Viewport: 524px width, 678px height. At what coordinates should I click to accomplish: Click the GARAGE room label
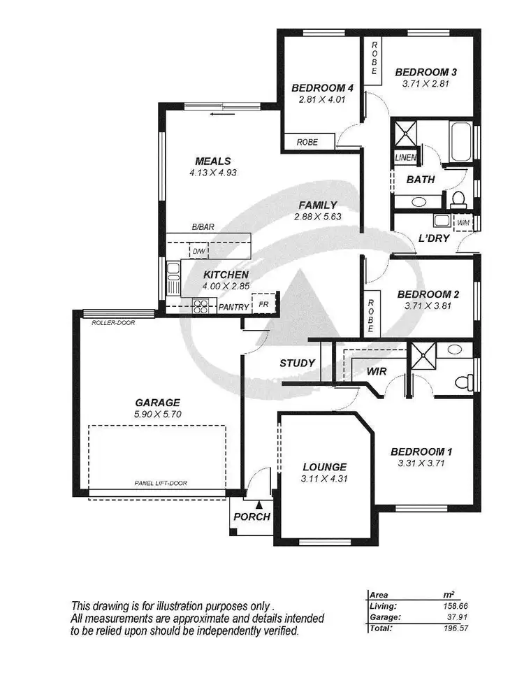[x=157, y=402]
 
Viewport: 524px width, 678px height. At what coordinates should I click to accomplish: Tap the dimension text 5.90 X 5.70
[x=157, y=414]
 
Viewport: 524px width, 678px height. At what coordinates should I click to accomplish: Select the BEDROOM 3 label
[x=425, y=71]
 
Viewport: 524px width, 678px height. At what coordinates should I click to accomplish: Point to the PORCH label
[x=252, y=517]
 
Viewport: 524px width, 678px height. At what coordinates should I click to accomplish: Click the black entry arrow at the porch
[x=259, y=503]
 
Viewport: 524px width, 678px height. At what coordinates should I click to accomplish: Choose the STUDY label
[x=297, y=363]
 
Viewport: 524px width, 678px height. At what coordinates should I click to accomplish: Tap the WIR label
[x=377, y=372]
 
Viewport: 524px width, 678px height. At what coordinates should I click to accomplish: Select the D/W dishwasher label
[x=199, y=250]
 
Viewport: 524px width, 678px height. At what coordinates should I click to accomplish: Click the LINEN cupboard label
[x=405, y=158]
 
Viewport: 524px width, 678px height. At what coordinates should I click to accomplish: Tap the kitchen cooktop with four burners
[x=201, y=305]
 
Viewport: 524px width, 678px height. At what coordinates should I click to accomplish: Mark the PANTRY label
[x=233, y=307]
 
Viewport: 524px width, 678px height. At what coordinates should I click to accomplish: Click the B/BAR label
[x=203, y=227]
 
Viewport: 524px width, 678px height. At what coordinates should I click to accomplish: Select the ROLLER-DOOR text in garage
[x=112, y=323]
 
